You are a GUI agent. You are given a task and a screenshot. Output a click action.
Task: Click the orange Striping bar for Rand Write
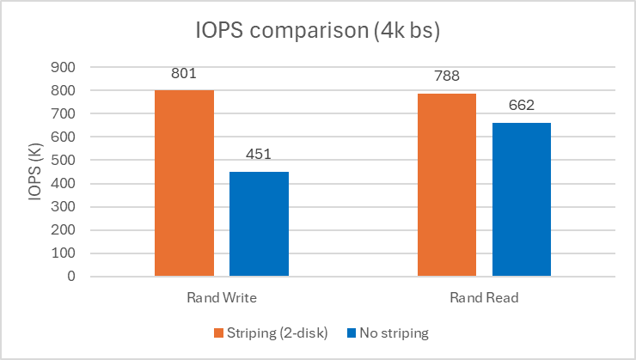pyautogui.click(x=184, y=183)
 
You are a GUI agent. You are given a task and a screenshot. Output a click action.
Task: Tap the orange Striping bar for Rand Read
pyautogui.click(x=446, y=185)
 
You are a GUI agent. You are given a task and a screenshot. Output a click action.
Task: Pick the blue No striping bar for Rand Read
pyautogui.click(x=521, y=199)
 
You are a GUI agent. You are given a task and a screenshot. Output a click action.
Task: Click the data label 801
pyautogui.click(x=185, y=75)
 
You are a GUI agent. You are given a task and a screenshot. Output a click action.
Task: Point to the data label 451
pyautogui.click(x=259, y=156)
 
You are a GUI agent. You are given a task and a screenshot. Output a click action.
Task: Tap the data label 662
pyautogui.click(x=521, y=107)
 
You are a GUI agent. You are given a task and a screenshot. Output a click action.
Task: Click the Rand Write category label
pyautogui.click(x=222, y=298)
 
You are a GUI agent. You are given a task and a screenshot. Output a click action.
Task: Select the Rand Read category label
pyautogui.click(x=483, y=298)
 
